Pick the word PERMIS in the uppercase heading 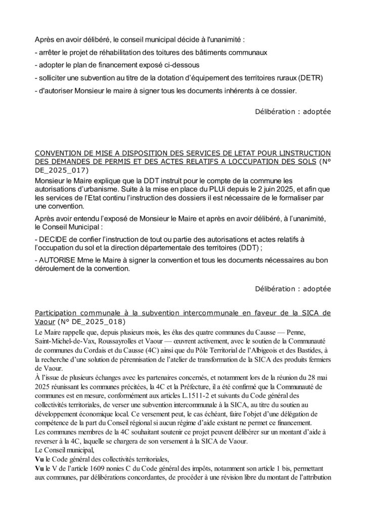[133, 162]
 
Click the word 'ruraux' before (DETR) [283, 78]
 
